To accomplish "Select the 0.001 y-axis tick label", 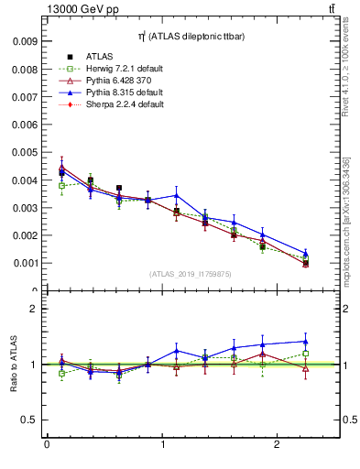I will pos(25,263).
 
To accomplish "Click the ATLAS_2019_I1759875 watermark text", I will pos(191,273).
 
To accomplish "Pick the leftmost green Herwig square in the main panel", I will pos(61,185).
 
